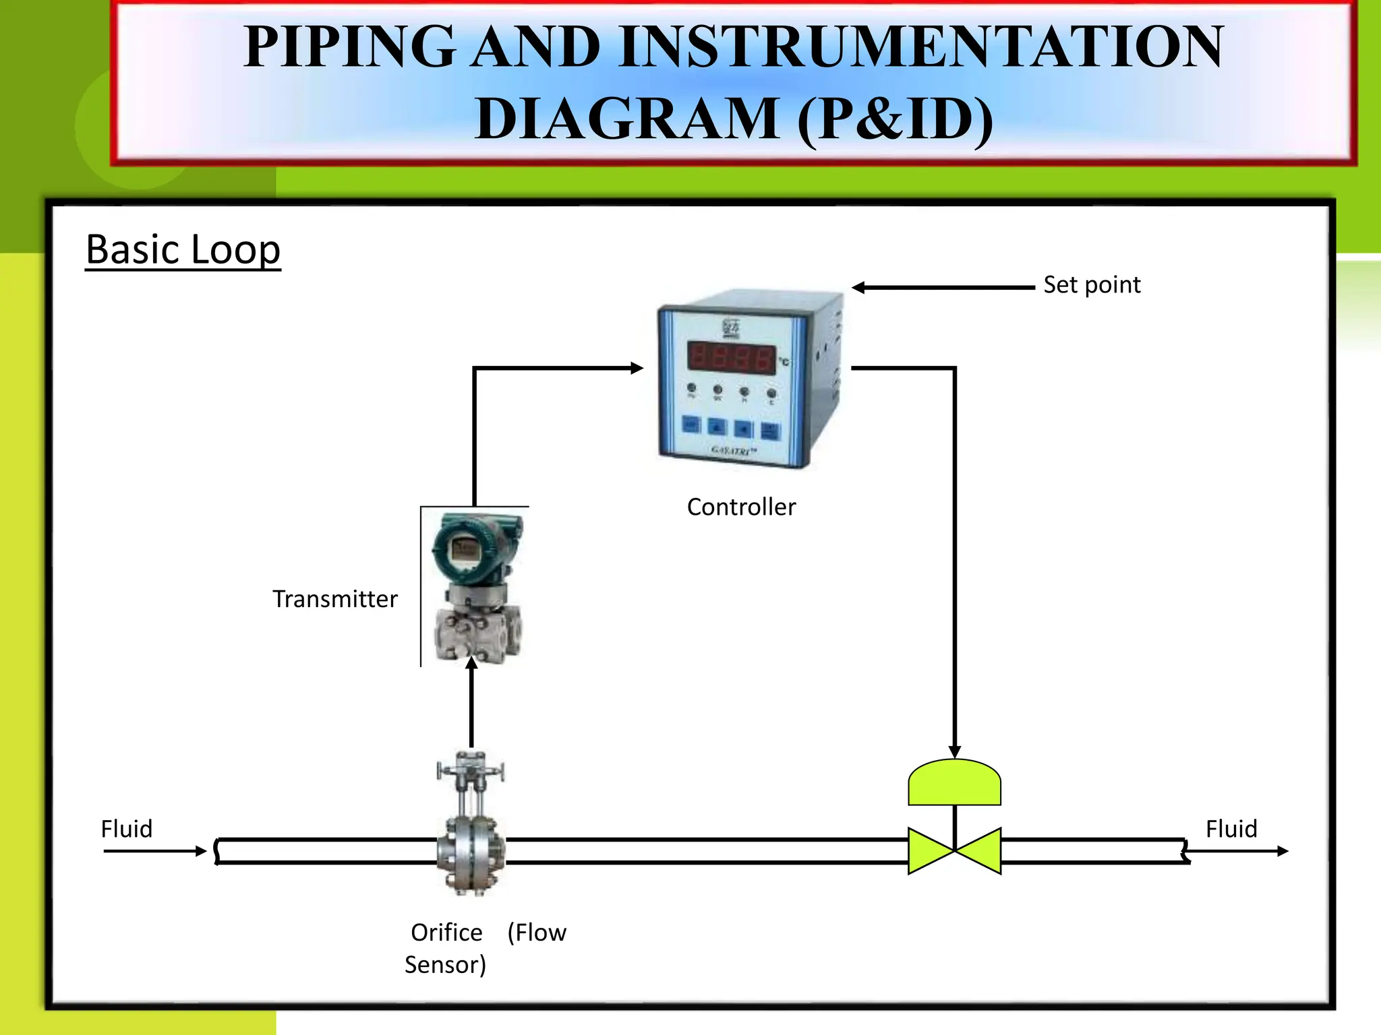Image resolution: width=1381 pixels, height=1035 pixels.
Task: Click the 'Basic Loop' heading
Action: (x=183, y=250)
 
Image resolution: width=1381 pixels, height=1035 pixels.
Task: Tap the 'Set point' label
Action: (x=1092, y=285)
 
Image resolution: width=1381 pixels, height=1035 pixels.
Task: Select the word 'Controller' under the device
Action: (x=741, y=507)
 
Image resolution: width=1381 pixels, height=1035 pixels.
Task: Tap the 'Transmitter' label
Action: (x=335, y=599)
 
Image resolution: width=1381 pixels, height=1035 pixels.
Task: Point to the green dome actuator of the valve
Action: (x=954, y=783)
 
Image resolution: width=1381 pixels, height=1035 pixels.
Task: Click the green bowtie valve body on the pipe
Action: (x=954, y=850)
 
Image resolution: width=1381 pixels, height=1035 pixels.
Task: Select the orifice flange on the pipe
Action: (x=471, y=852)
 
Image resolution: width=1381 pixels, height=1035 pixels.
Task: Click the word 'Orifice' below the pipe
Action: (x=446, y=933)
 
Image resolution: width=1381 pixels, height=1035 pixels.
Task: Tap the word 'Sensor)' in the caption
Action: (x=445, y=965)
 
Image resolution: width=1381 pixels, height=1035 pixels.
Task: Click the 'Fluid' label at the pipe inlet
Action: (x=127, y=829)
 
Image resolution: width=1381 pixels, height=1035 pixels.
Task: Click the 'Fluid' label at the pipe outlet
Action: (x=1231, y=829)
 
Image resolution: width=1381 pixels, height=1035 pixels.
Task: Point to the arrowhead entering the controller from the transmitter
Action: (x=637, y=368)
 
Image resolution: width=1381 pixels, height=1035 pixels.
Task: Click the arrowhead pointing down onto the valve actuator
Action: (x=954, y=751)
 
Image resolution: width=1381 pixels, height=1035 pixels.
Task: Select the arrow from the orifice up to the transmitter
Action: (x=471, y=704)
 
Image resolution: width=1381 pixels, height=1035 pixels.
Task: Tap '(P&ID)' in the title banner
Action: (x=895, y=119)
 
